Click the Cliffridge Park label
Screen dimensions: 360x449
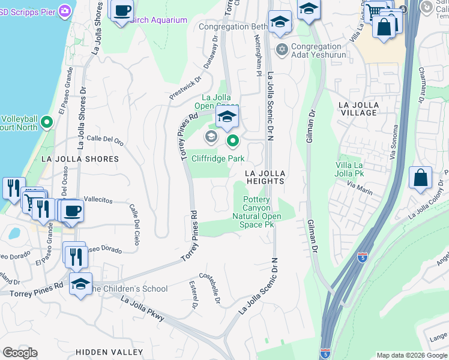click(x=218, y=158)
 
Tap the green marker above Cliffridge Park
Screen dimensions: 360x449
click(x=233, y=142)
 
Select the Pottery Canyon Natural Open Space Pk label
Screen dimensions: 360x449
click(x=256, y=212)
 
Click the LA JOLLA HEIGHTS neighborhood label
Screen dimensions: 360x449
click(x=265, y=177)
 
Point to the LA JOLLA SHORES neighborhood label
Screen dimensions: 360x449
click(x=80, y=159)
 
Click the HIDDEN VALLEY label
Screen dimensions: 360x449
click(x=109, y=352)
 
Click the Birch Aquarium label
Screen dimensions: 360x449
click(x=159, y=20)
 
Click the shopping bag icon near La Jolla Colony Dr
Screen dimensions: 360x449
click(x=420, y=178)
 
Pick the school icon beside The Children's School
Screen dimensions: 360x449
click(x=80, y=284)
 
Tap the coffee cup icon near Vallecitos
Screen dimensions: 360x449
click(x=72, y=211)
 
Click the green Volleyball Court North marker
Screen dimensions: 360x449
click(x=47, y=123)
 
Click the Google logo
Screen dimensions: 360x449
click(x=20, y=353)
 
